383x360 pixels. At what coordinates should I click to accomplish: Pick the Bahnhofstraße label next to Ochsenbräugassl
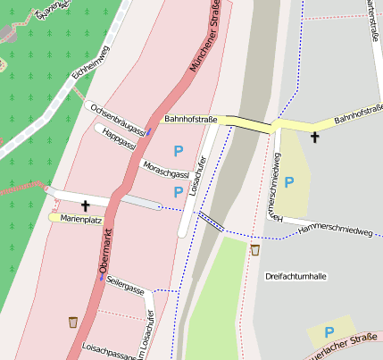(x=191, y=119)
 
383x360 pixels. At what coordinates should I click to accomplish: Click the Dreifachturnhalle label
(x=296, y=276)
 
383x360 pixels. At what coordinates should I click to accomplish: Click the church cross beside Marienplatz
(x=85, y=205)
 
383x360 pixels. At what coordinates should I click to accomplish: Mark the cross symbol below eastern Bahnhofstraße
(x=314, y=137)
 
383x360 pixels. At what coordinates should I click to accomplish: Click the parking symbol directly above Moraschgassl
(x=179, y=152)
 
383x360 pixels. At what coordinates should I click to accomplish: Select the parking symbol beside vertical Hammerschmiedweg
(x=289, y=182)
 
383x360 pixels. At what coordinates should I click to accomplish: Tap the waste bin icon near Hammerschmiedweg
(x=255, y=250)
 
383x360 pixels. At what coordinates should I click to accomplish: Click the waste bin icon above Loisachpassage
(x=72, y=321)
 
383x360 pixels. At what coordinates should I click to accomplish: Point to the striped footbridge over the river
(x=210, y=221)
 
